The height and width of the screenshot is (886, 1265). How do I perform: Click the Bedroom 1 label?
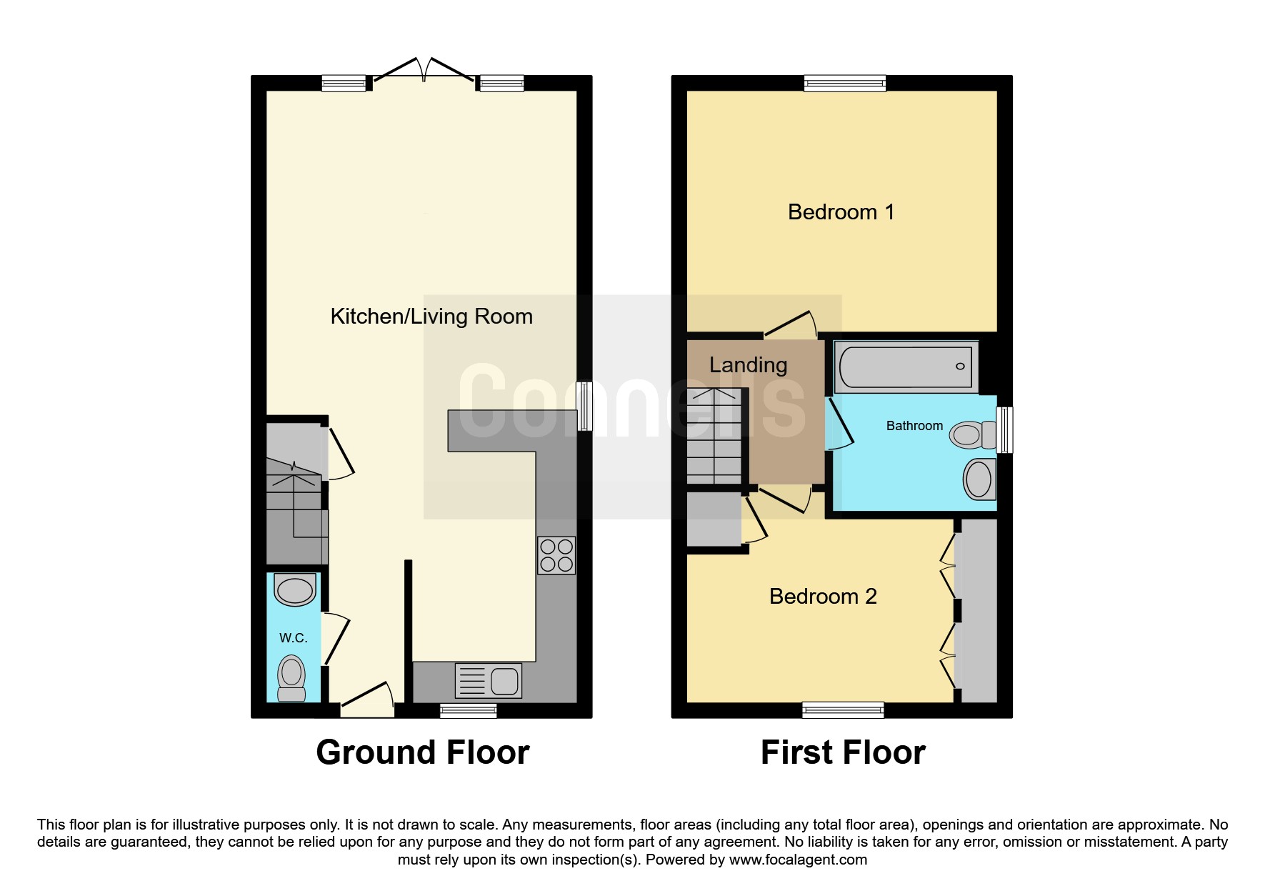pyautogui.click(x=841, y=212)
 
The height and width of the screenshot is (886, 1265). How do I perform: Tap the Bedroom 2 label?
pyautogui.click(x=823, y=597)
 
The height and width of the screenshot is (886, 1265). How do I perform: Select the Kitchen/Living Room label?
pyautogui.click(x=431, y=317)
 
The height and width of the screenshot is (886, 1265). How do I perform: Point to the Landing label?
pyautogui.click(x=748, y=365)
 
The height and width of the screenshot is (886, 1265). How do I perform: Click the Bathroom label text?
pyautogui.click(x=914, y=426)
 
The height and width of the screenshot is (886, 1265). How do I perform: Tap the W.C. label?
pyautogui.click(x=294, y=638)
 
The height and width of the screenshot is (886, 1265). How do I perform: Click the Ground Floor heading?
pyautogui.click(x=423, y=752)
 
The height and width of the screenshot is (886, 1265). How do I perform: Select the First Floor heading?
pyautogui.click(x=843, y=752)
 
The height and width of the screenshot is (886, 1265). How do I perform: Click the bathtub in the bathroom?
pyautogui.click(x=906, y=367)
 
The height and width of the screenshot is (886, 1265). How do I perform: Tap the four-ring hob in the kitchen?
pyautogui.click(x=556, y=555)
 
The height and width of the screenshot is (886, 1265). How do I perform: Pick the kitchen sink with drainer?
pyautogui.click(x=489, y=680)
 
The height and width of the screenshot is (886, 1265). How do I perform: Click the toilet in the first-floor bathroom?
pyautogui.click(x=973, y=434)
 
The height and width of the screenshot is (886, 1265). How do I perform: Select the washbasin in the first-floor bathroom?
pyautogui.click(x=979, y=479)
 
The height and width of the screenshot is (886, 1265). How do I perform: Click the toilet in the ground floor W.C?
pyautogui.click(x=291, y=678)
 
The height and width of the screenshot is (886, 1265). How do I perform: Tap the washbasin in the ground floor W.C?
pyautogui.click(x=295, y=589)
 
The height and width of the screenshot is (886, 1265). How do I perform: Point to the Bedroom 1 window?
pyautogui.click(x=845, y=84)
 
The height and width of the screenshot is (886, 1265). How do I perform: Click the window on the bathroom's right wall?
pyautogui.click(x=1004, y=429)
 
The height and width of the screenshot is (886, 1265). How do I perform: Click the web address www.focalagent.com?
pyautogui.click(x=798, y=860)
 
